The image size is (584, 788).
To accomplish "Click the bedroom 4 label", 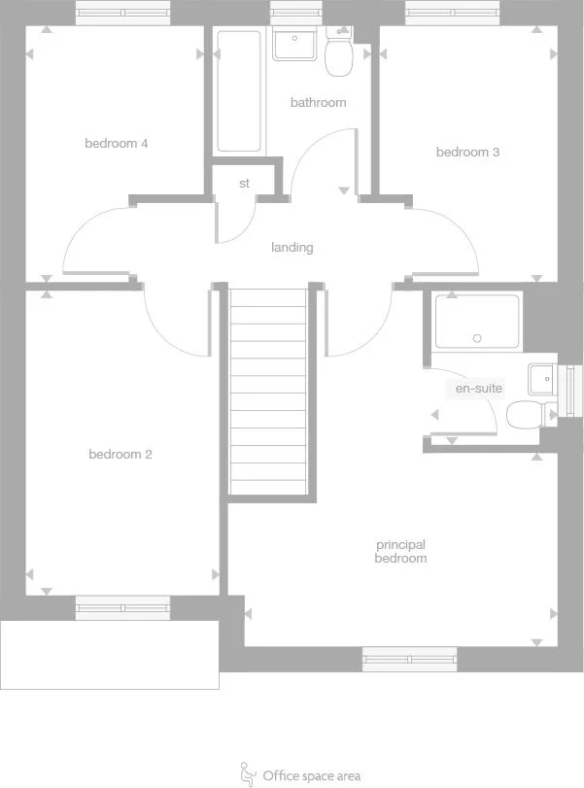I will (117, 144).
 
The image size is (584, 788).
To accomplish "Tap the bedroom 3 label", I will (467, 153).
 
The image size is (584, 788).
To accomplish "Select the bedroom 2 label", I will (120, 455).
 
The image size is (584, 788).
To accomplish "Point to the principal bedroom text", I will (400, 552).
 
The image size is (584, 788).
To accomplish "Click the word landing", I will (292, 248).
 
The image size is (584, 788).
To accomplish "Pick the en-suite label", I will (479, 389).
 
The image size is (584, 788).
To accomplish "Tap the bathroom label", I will (318, 103).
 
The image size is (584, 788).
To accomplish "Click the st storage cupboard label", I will (244, 183).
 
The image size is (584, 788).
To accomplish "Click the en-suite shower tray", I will (476, 320).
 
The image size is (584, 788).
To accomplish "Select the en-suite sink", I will (541, 377).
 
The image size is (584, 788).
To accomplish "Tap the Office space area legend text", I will (311, 775).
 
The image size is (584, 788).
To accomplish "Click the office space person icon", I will (247, 773).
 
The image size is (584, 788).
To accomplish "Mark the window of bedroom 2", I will (122, 608).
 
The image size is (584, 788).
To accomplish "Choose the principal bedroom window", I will (409, 659).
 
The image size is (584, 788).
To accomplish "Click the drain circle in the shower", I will (476, 338).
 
